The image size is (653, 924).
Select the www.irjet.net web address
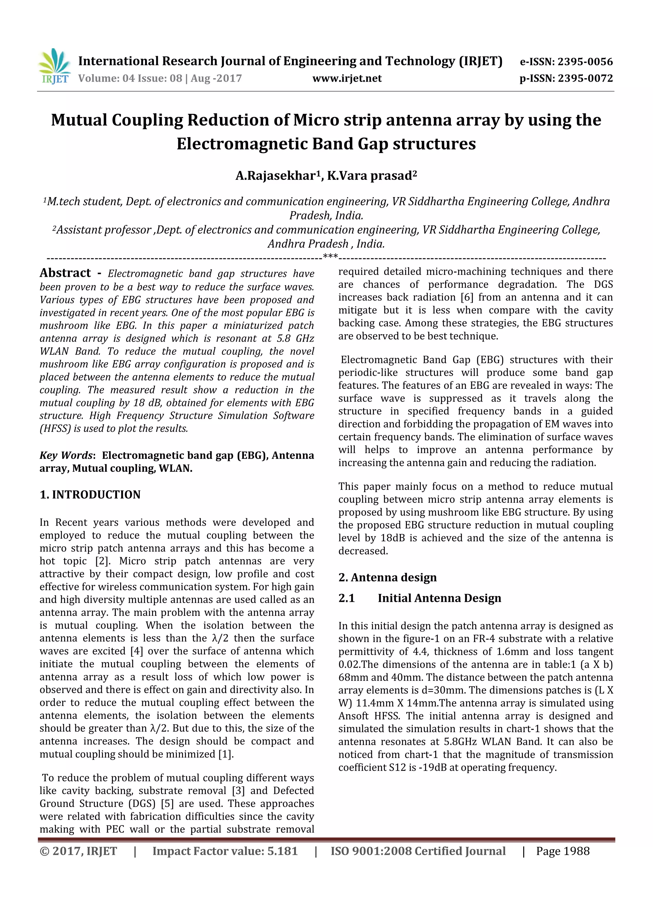pyautogui.click(x=347, y=78)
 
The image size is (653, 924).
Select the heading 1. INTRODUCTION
pyautogui.click(x=90, y=495)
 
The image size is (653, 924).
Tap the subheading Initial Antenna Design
pyautogui.click(x=439, y=598)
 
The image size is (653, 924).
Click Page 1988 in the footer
pyautogui.click(x=562, y=851)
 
